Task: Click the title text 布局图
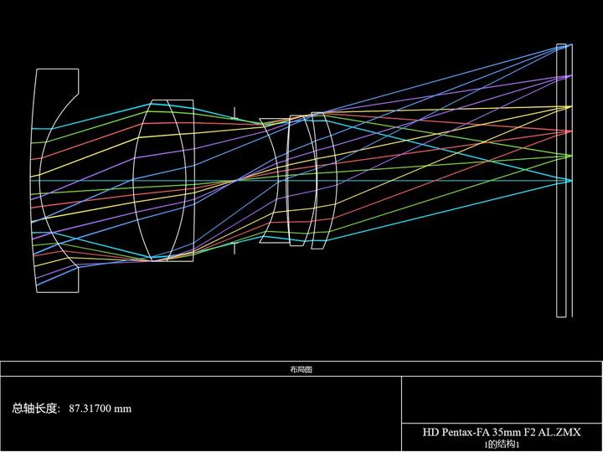301,370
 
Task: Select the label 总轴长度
35,408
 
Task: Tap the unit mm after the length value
122,409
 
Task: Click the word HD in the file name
430,432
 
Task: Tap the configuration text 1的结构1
502,444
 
